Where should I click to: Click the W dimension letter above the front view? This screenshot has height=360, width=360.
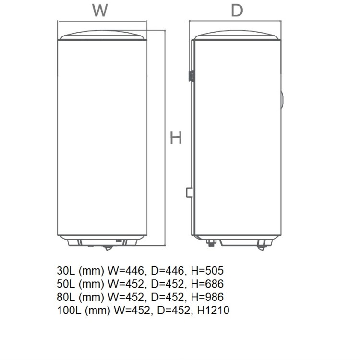point(99,10)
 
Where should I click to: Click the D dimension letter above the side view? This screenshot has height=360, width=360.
point(237,10)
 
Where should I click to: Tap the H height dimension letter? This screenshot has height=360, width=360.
point(176,138)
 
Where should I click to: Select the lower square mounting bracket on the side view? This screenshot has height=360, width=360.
point(189,192)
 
